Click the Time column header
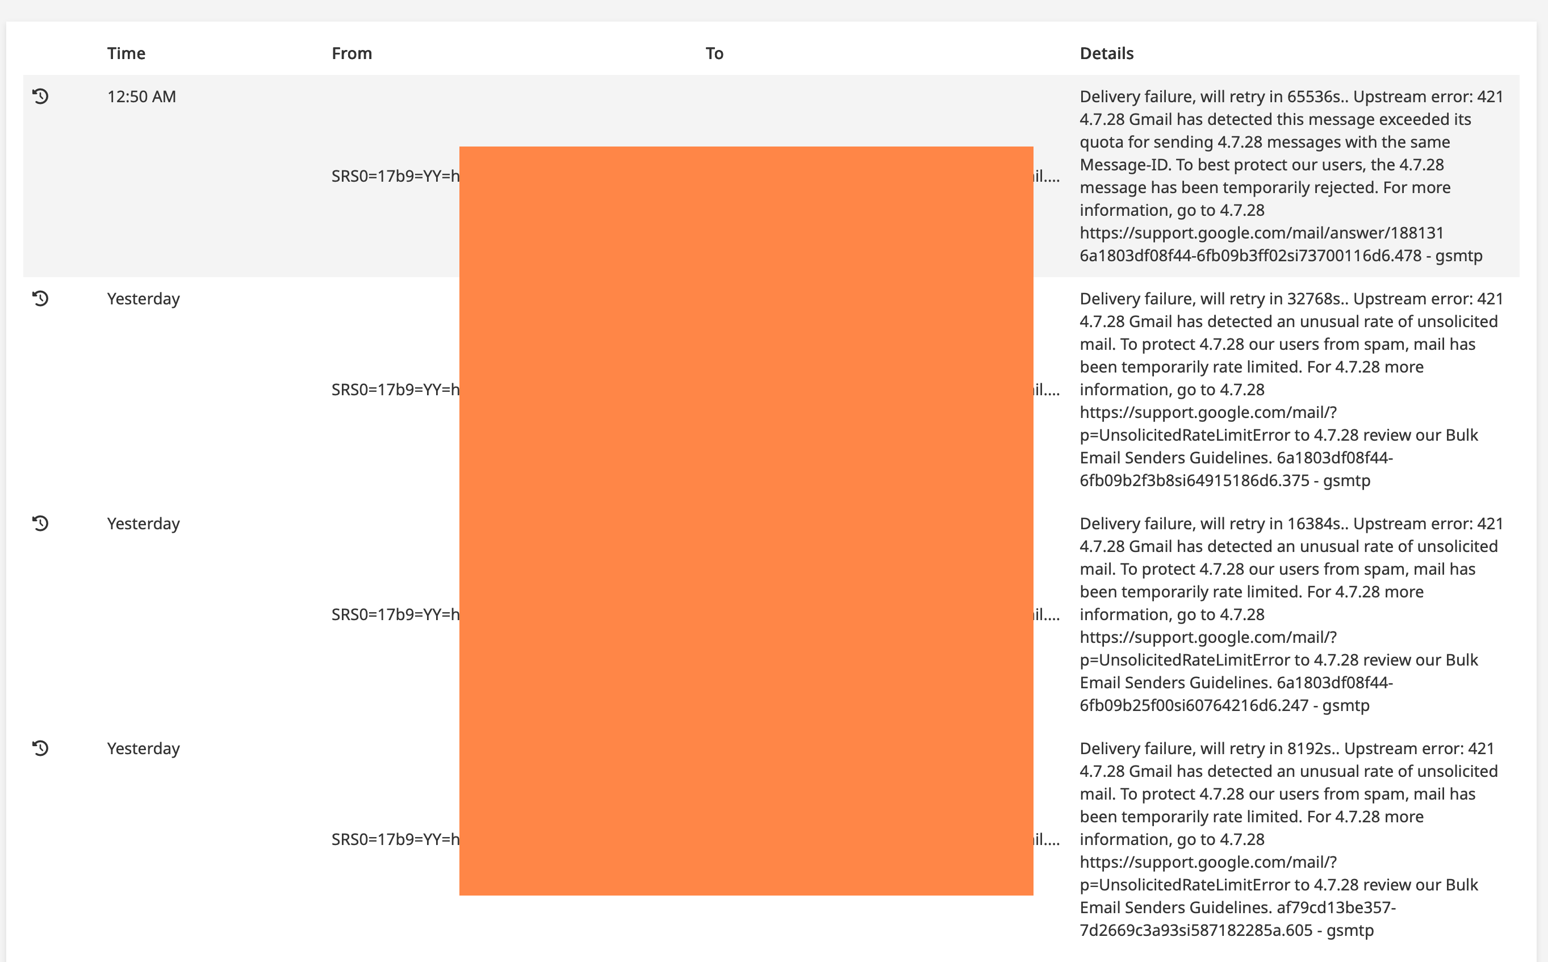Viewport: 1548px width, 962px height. pos(126,53)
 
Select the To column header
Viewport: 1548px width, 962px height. pos(714,53)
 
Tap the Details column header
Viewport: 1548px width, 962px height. pos(1106,53)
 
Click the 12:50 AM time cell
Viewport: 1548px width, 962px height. pos(141,97)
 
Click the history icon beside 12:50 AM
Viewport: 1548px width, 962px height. pos(41,96)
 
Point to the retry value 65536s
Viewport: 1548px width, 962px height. pos(1315,97)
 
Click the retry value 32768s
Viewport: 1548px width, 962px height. pos(1315,299)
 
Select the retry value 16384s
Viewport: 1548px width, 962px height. pos(1315,524)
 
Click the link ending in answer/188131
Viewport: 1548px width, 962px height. pos(1261,233)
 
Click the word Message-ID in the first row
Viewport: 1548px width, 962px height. pos(1124,165)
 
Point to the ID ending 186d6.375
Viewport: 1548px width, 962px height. pos(1194,480)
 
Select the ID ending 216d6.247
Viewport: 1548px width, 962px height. pos(1194,705)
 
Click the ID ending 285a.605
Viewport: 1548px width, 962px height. pos(1195,930)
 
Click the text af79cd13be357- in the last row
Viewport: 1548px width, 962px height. pos(1336,907)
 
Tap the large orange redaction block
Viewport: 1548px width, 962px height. pos(746,520)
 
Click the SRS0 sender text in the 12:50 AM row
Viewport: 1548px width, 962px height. pos(395,176)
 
